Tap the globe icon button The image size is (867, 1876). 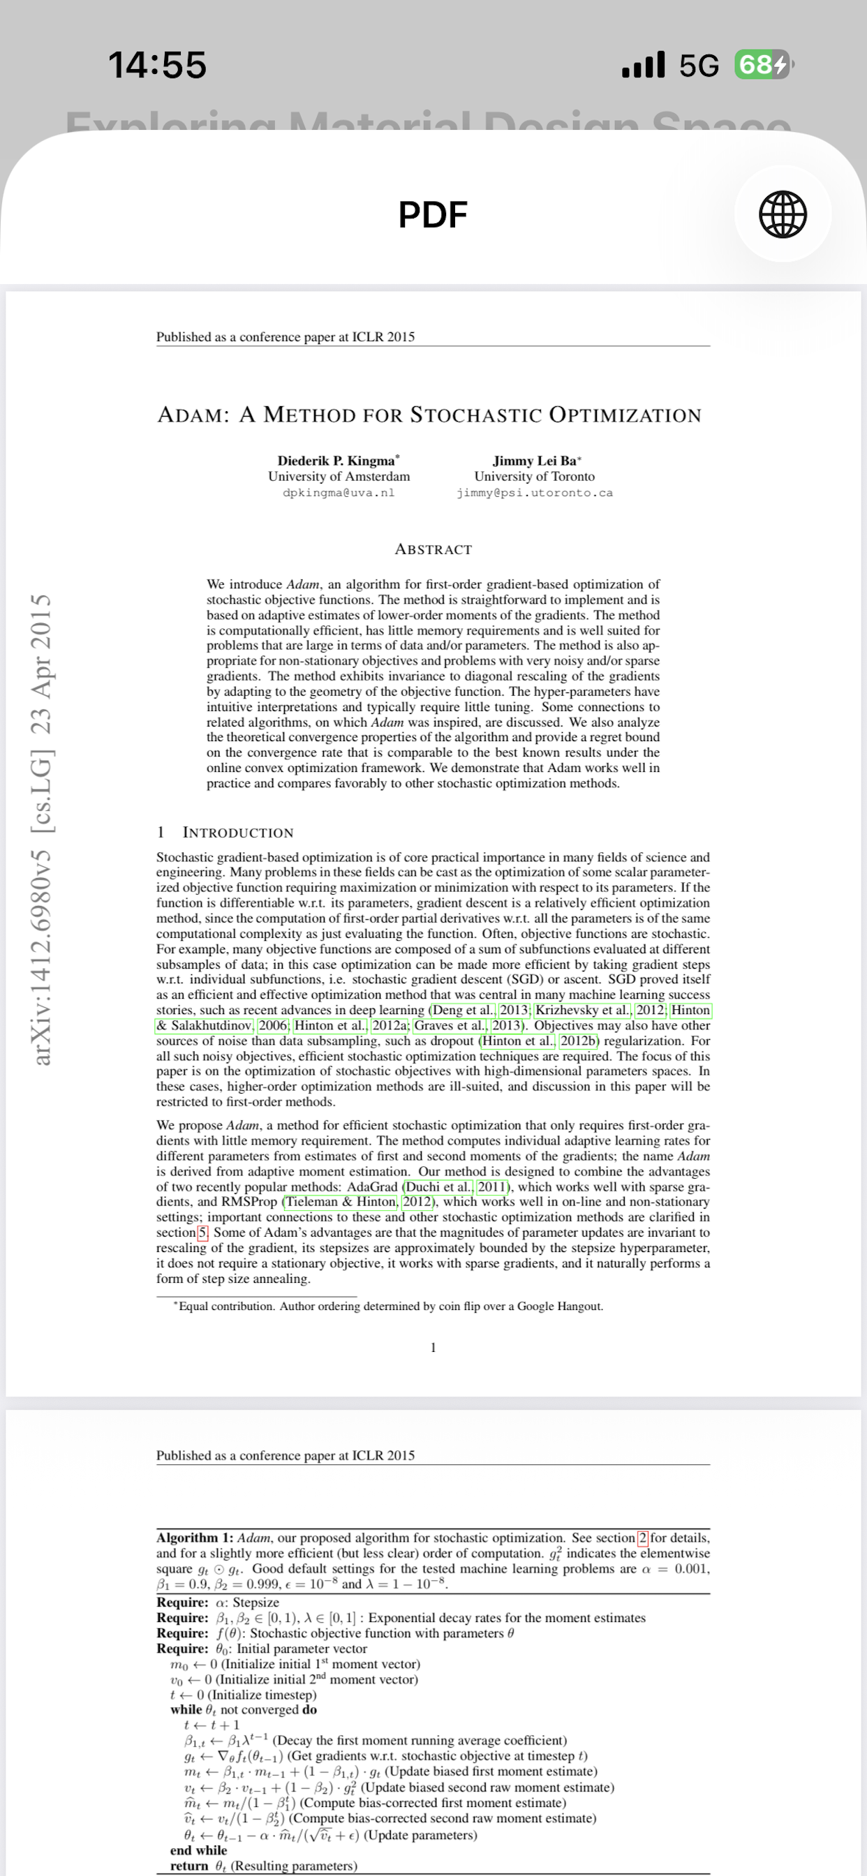[x=783, y=214]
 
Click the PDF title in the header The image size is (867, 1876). [x=433, y=215]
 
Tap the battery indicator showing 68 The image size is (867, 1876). [x=762, y=65]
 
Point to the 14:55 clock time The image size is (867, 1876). [x=157, y=65]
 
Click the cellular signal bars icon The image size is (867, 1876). [x=644, y=65]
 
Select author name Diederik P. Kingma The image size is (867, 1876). [x=336, y=460]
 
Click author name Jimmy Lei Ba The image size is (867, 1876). [x=534, y=460]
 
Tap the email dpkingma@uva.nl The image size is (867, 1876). [x=339, y=492]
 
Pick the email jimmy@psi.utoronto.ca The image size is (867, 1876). [x=534, y=493]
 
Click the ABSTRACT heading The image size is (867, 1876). [x=433, y=549]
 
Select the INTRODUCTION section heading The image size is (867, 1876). [x=237, y=833]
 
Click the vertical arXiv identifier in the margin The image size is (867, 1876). [x=43, y=830]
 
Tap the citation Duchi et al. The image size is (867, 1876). [x=438, y=1186]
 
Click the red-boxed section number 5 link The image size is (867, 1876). [x=203, y=1233]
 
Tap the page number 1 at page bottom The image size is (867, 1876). [x=433, y=1347]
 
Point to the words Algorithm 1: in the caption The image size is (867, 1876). [x=195, y=1538]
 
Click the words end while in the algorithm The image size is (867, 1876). [x=198, y=1849]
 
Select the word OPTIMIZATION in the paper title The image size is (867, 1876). [x=624, y=415]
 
